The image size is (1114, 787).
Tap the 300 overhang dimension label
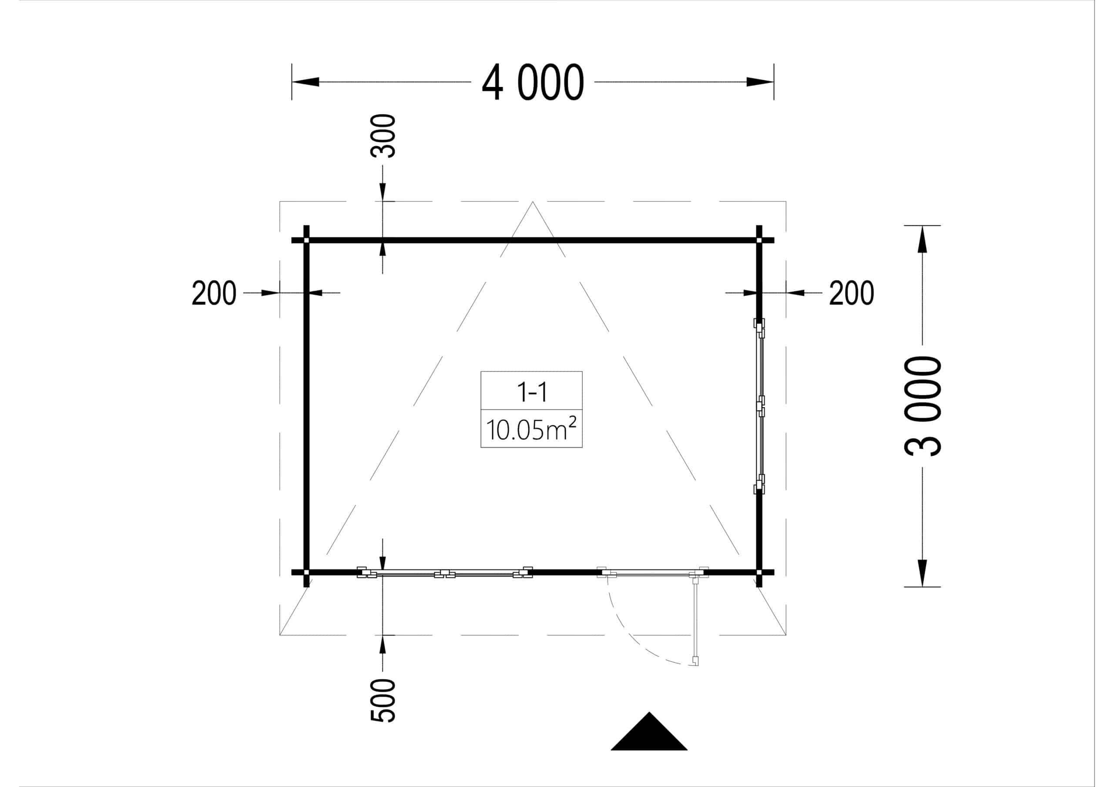pos(383,136)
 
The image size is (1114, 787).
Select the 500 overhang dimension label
pos(383,700)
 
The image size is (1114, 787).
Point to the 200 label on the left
pos(214,293)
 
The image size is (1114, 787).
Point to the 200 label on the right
pos(851,293)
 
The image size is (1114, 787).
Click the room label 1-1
pos(532,392)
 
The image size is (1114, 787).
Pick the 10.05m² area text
pos(531,429)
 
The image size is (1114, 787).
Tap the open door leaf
pos(696,619)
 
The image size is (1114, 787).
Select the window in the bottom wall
pos(445,573)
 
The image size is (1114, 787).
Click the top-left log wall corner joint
pos(306,240)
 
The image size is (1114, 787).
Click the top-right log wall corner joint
pos(759,240)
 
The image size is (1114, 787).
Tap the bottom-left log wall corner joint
pos(306,573)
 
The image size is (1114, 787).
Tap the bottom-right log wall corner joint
pos(759,573)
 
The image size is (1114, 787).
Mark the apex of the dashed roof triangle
pos(532,202)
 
